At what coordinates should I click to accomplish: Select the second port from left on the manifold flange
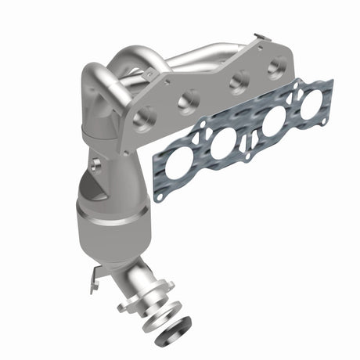189,100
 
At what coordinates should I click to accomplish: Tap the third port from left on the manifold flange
239,79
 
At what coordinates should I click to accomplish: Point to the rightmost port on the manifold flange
275,67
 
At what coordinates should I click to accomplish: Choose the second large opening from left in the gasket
222,143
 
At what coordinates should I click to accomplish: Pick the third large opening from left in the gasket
273,122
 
